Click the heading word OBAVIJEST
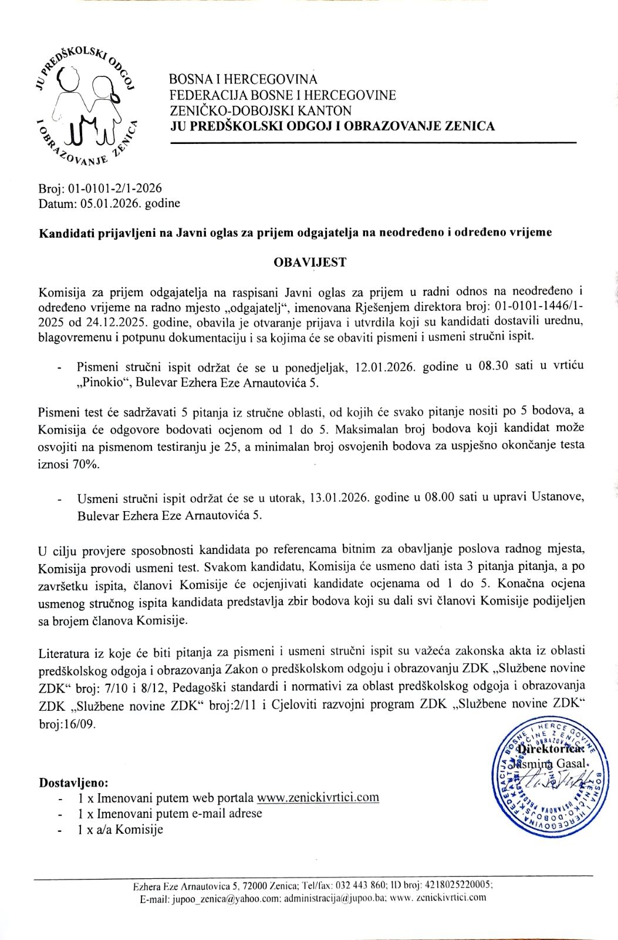point(310,262)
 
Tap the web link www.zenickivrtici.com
point(318,797)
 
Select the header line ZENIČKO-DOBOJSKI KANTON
point(260,110)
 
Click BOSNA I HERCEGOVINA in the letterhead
point(243,79)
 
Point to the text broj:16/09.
point(66,724)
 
